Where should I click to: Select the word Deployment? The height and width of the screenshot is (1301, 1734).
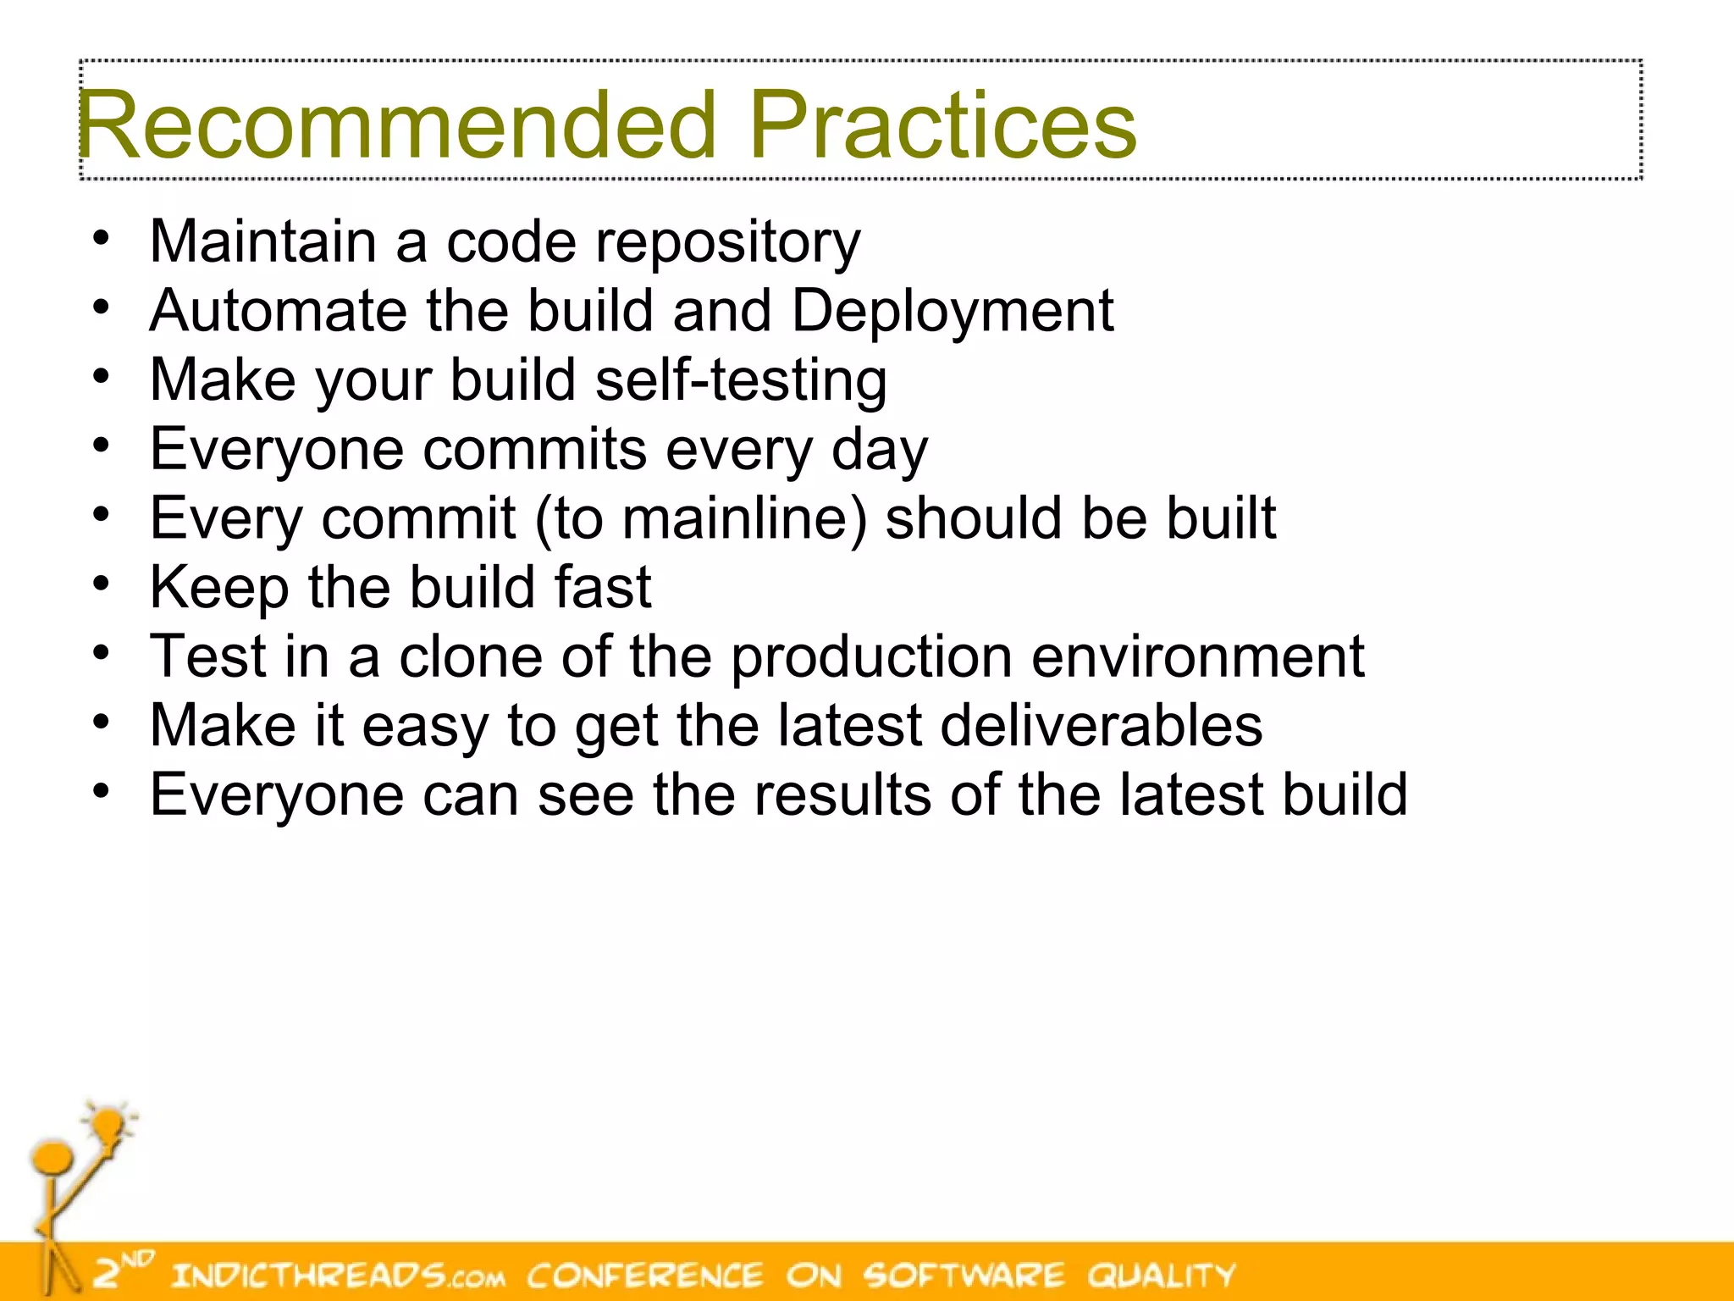952,312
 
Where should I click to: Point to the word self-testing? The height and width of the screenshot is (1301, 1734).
741,380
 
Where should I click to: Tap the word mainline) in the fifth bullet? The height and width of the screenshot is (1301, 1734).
744,518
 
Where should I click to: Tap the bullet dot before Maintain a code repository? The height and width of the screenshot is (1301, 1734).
102,238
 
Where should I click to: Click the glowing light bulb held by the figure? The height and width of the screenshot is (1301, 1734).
109,1126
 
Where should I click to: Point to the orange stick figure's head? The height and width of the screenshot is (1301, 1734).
52,1157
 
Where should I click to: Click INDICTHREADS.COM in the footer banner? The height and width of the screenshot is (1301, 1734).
338,1275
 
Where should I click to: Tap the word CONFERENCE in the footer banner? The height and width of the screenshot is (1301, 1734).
644,1275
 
